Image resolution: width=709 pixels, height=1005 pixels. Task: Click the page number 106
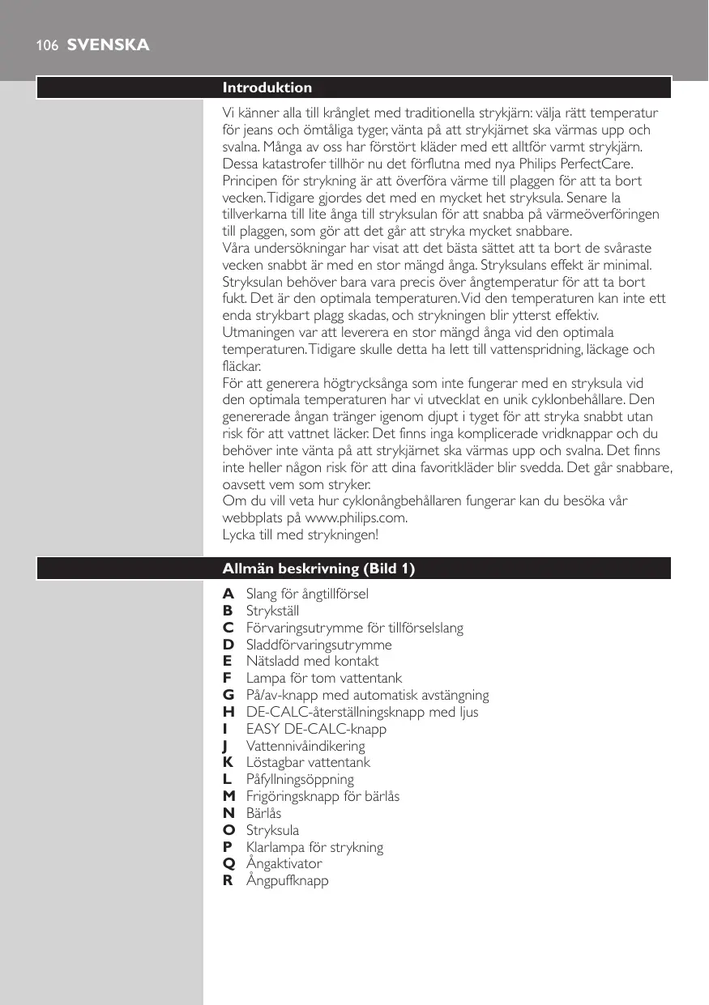(46, 46)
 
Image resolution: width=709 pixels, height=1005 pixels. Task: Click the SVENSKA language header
(108, 45)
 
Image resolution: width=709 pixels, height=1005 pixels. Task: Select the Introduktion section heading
(267, 87)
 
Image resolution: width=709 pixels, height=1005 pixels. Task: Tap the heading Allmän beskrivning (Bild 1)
(318, 569)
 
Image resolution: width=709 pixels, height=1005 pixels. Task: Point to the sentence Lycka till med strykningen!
(301, 535)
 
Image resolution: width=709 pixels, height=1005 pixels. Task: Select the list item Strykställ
(272, 611)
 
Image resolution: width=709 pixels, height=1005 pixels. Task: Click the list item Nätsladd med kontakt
(312, 661)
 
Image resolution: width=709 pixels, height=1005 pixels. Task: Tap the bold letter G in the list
(229, 695)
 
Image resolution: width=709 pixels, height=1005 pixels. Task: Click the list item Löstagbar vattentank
(308, 762)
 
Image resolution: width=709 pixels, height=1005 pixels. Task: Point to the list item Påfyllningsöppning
(300, 779)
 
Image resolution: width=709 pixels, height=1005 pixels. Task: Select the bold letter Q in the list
(229, 863)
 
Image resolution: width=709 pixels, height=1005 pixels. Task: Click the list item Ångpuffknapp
(287, 880)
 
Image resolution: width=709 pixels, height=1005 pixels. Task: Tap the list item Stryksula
(272, 830)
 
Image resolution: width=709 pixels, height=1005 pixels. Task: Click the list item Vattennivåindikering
(305, 746)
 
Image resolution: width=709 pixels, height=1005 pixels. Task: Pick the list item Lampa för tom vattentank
(324, 678)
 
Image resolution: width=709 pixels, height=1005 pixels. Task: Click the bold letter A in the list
(229, 594)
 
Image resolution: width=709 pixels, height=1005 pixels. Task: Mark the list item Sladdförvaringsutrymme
(318, 645)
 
